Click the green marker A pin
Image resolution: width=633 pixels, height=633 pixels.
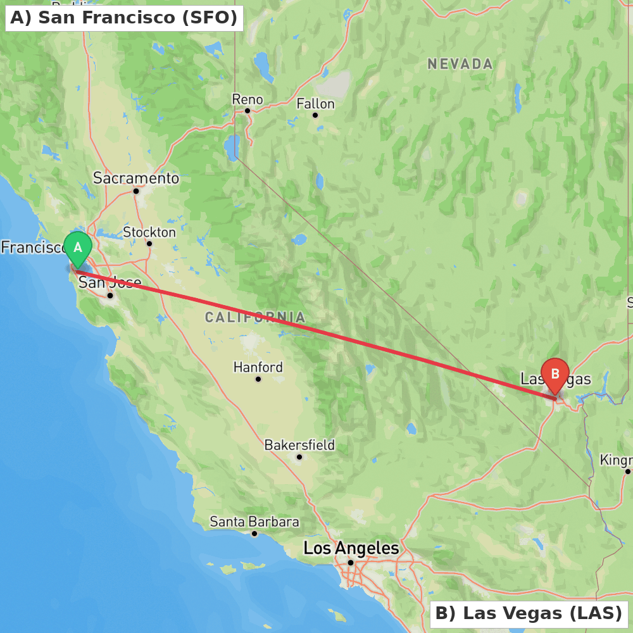(x=78, y=248)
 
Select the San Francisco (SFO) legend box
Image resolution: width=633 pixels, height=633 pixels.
(x=124, y=18)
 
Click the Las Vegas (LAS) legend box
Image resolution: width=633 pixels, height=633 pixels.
(x=529, y=613)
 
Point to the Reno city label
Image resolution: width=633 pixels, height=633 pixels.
(x=248, y=99)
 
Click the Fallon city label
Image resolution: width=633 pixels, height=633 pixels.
(x=315, y=104)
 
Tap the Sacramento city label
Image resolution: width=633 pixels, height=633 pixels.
(x=136, y=179)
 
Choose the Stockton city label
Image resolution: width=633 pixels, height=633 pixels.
(x=149, y=232)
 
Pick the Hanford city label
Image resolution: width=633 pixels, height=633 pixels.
(x=258, y=367)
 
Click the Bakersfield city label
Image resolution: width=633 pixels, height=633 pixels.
(x=299, y=445)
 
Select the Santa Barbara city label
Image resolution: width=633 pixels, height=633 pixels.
(x=254, y=522)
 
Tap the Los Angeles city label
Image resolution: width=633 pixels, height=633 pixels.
(x=351, y=548)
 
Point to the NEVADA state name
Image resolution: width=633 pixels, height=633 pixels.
(x=460, y=64)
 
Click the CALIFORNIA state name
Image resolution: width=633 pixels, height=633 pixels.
(x=255, y=317)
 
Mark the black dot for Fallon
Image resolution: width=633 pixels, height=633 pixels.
(x=315, y=115)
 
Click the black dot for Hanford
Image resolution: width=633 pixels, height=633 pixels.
(x=258, y=379)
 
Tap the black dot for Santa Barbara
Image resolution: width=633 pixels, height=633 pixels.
(x=254, y=534)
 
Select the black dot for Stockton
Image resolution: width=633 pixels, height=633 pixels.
(x=149, y=244)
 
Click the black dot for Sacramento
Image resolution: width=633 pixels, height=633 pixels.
(x=136, y=191)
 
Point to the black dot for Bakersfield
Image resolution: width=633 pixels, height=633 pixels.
(x=299, y=456)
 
